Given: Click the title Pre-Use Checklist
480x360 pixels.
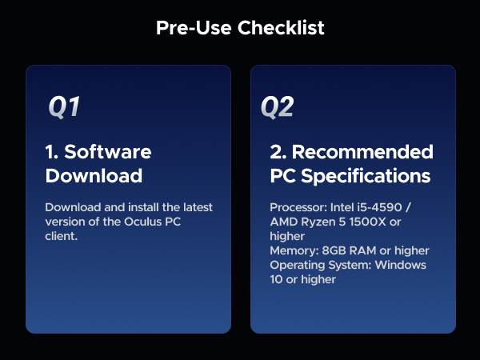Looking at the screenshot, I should tap(240, 28).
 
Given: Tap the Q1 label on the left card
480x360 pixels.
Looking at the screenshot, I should tap(64, 107).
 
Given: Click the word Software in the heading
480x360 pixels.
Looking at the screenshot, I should tap(107, 152).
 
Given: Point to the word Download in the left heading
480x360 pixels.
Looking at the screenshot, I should tap(94, 175).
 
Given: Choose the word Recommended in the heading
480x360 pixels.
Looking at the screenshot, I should tap(362, 152).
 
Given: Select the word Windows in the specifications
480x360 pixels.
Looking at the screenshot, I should tap(402, 266).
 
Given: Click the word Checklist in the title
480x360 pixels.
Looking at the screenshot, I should tap(284, 28).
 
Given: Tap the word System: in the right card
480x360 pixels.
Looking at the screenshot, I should tap(350, 266).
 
